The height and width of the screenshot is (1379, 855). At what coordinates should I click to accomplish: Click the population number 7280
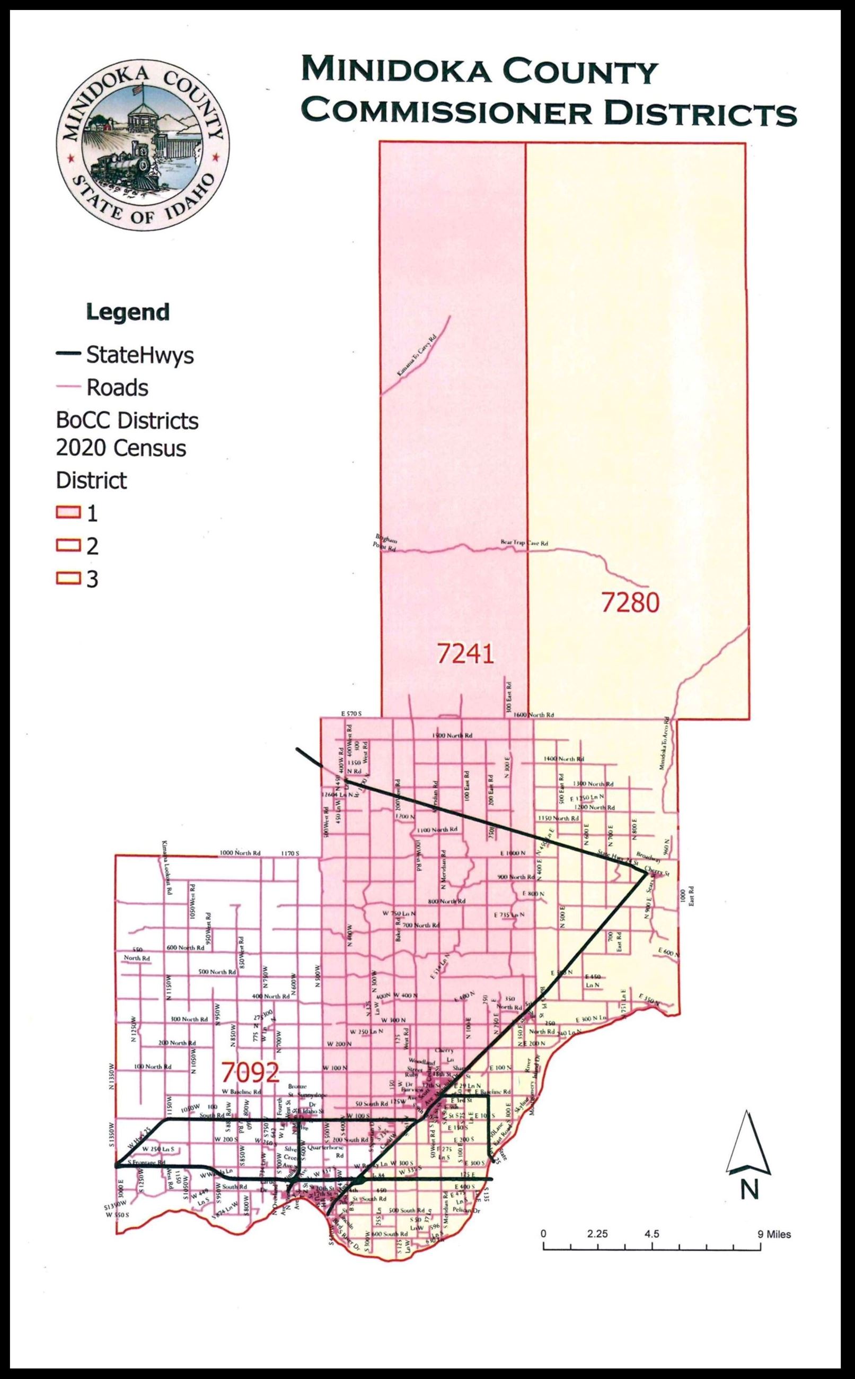tap(629, 604)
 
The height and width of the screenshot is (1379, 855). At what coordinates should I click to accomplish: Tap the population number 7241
tap(465, 654)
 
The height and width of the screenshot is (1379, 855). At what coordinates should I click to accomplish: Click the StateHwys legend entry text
tap(139, 355)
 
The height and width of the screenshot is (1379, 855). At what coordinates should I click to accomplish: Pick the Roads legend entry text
tap(117, 388)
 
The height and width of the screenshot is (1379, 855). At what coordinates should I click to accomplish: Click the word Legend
tap(127, 312)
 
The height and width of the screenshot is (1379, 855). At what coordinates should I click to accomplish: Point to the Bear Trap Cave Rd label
tap(524, 543)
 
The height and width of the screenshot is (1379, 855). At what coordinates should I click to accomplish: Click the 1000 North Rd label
tap(240, 852)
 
